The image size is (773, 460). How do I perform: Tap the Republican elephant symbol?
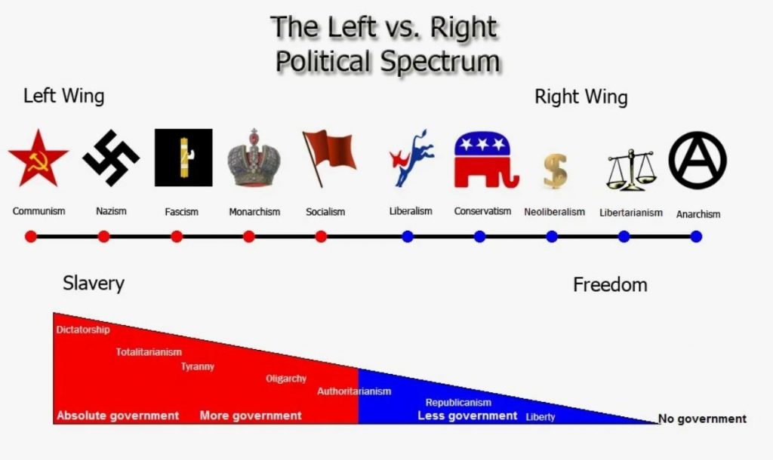pyautogui.click(x=486, y=160)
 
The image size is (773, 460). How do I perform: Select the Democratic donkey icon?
pyautogui.click(x=411, y=158)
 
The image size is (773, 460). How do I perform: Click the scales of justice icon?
pyautogui.click(x=632, y=170)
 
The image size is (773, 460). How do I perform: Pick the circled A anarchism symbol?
pyautogui.click(x=697, y=160)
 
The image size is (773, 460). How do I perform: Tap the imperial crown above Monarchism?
pyautogui.click(x=254, y=158)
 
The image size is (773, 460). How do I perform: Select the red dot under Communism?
pyautogui.click(x=30, y=237)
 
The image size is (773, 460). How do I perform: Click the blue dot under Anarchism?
pyautogui.click(x=696, y=237)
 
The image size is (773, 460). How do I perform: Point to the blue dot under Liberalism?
pyautogui.click(x=407, y=237)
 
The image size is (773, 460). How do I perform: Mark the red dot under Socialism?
pyautogui.click(x=321, y=237)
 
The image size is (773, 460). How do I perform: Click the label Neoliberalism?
pyautogui.click(x=555, y=212)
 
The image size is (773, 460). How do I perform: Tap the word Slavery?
pyautogui.click(x=94, y=284)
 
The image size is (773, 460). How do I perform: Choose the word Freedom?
pyautogui.click(x=610, y=284)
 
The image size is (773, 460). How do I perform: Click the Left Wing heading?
pyautogui.click(x=64, y=96)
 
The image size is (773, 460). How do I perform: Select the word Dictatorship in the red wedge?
pyautogui.click(x=83, y=330)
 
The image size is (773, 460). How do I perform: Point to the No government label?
pyautogui.click(x=703, y=419)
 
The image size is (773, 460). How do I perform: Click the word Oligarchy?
pyautogui.click(x=286, y=379)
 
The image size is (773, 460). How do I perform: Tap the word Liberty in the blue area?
pyautogui.click(x=540, y=417)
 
